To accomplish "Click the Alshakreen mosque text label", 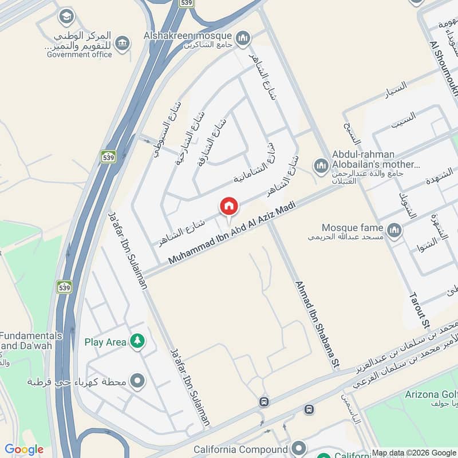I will pos(188,35).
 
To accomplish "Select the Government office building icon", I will pos(122,43).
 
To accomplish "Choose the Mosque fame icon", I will pos(393,230).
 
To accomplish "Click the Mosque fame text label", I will pos(351,227).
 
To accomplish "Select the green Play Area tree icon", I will pos(137,342).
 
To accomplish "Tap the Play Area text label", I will pos(105,342).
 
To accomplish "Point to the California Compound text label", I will pos(240,449).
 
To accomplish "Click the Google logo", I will pos(24,449).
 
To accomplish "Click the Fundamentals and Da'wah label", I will pos(31,341).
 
